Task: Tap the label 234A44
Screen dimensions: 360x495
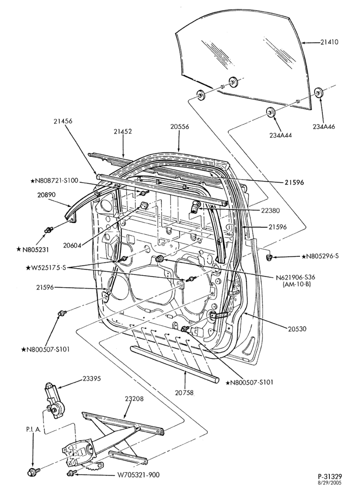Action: (280, 135)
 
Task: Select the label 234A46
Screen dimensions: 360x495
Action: (324, 127)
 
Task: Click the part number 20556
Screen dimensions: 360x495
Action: (180, 127)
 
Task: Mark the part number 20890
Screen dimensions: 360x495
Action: (45, 195)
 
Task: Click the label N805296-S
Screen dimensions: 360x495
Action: (320, 256)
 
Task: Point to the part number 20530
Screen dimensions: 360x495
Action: (297, 329)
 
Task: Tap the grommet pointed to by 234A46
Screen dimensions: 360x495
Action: (320, 93)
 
